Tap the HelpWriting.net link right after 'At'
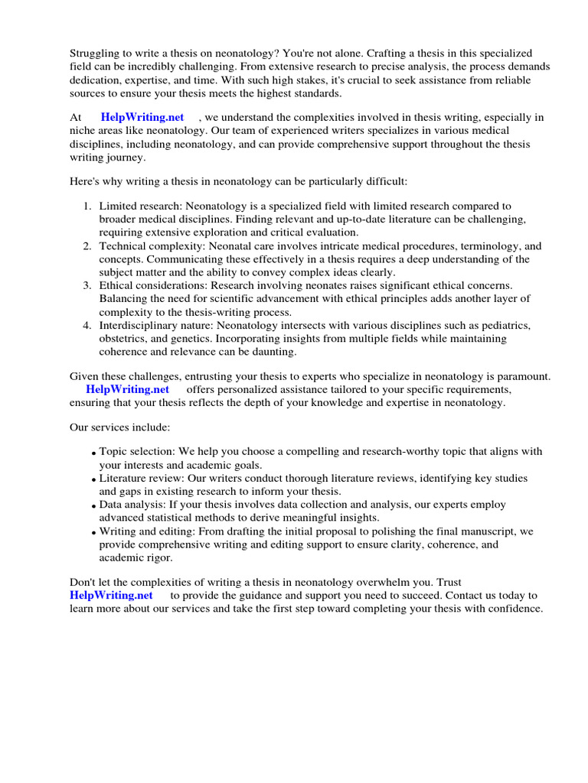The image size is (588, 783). pos(142,117)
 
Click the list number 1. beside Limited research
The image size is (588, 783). pos(87,206)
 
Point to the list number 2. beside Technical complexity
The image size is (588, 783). pos(87,246)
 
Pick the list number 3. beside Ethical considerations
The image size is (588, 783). pos(87,285)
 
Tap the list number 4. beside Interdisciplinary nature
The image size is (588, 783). pos(87,325)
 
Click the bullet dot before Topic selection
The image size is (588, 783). pos(94,453)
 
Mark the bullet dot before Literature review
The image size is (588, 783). pos(94,479)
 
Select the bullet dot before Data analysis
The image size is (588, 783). pos(94,506)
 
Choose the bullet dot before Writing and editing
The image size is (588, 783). pos(94,532)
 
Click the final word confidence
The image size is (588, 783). pos(514,609)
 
